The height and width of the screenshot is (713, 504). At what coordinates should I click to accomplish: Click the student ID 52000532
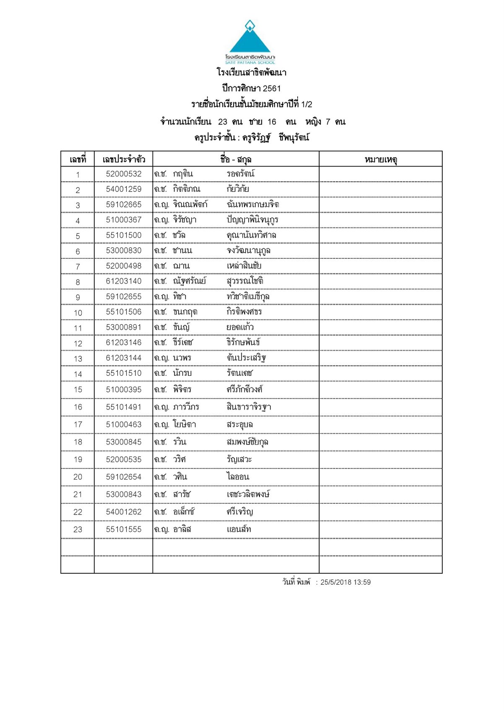(124, 174)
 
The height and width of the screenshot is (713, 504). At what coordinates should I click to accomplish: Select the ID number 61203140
(124, 281)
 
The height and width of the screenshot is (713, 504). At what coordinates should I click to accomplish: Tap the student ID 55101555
(124, 529)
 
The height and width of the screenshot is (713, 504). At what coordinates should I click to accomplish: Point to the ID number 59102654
(124, 477)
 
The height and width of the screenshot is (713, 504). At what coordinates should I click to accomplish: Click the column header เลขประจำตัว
(124, 159)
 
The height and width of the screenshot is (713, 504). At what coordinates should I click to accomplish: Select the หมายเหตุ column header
(381, 159)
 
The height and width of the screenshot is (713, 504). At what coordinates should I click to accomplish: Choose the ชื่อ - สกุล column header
(236, 159)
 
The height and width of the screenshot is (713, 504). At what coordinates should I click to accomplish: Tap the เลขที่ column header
(78, 159)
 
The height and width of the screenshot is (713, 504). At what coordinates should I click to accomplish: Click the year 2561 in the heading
(272, 88)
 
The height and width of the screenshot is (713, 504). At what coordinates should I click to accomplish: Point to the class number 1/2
(307, 104)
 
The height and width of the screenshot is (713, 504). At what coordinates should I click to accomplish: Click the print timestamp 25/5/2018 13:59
(346, 582)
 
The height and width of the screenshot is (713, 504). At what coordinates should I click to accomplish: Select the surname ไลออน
(238, 477)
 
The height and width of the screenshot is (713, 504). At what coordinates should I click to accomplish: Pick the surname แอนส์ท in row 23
(239, 529)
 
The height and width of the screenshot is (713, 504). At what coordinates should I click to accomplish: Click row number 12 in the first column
(78, 343)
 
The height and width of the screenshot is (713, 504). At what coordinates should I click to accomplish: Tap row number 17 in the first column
(78, 424)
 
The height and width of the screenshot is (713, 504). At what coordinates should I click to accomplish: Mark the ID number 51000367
(124, 220)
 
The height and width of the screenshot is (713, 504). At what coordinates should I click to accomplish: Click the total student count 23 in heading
(223, 122)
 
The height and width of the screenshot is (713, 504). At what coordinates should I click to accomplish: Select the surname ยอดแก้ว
(240, 327)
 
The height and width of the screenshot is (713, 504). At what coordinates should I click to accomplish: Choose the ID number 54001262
(124, 512)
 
